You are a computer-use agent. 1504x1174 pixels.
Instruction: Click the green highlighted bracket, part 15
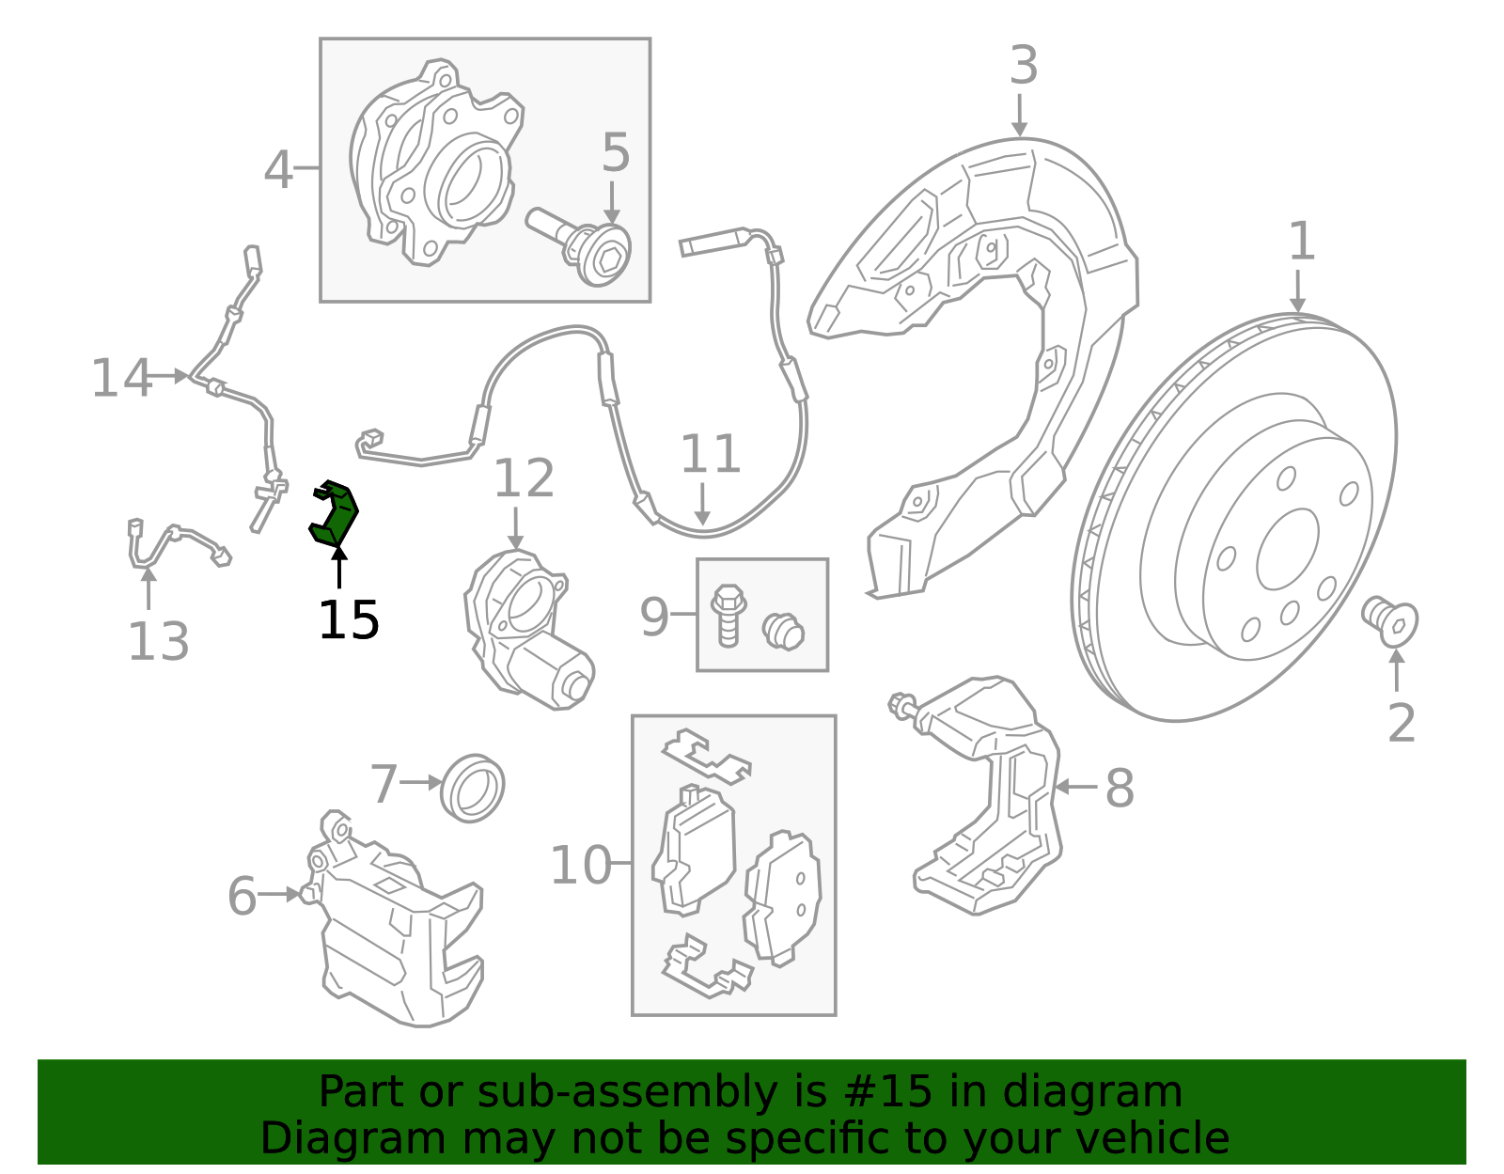pyautogui.click(x=335, y=512)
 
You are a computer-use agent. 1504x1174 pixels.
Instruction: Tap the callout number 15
pyautogui.click(x=349, y=620)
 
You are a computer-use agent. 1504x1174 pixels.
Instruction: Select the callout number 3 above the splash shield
pyautogui.click(x=1024, y=66)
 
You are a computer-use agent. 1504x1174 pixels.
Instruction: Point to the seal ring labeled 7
pyautogui.click(x=473, y=787)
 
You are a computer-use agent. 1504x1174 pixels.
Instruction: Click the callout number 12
pyautogui.click(x=524, y=478)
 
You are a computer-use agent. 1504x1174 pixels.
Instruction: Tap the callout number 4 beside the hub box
pyautogui.click(x=278, y=170)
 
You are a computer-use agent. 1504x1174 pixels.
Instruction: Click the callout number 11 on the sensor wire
pyautogui.click(x=711, y=454)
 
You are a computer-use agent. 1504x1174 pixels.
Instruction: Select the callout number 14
pyautogui.click(x=121, y=378)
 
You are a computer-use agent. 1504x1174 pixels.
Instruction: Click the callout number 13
pyautogui.click(x=158, y=642)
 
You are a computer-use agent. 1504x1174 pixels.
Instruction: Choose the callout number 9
pyautogui.click(x=654, y=617)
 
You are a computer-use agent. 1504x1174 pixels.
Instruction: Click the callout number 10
pyautogui.click(x=580, y=865)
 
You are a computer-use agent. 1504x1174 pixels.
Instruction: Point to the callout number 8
pyautogui.click(x=1120, y=788)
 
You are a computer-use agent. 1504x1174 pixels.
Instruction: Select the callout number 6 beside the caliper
pyautogui.click(x=242, y=896)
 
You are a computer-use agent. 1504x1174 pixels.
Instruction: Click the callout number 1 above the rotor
pyautogui.click(x=1301, y=242)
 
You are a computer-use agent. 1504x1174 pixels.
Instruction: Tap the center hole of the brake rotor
pyautogui.click(x=1287, y=550)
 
